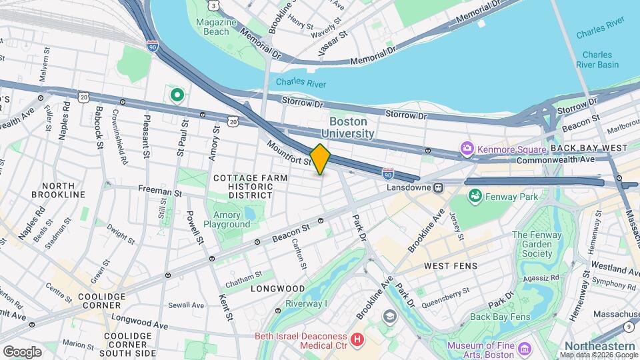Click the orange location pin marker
click(x=320, y=159)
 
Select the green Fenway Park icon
click(x=476, y=196)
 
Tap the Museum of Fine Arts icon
click(x=524, y=349)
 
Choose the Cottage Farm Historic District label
click(x=251, y=187)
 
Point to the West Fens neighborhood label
click(x=450, y=266)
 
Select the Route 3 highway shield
click(x=213, y=5)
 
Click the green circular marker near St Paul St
click(x=177, y=96)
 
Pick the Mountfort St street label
click(x=289, y=153)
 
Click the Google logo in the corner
click(x=22, y=351)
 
